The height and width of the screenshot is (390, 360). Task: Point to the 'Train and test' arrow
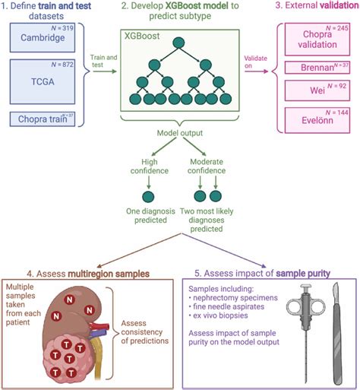coord(103,73)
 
